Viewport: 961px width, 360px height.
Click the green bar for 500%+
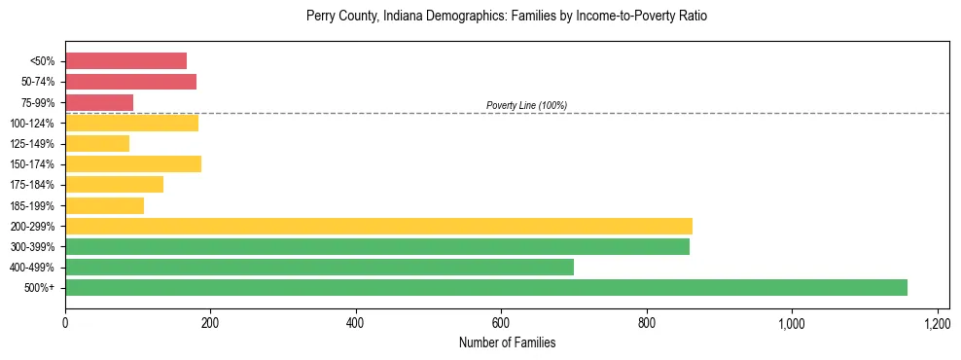pos(486,288)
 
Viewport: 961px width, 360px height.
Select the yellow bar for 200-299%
pos(378,227)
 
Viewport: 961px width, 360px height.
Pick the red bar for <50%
pos(125,61)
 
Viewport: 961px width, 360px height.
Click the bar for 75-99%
pos(99,102)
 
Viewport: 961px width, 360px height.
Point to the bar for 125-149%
pos(97,144)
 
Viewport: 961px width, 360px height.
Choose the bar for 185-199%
pos(104,205)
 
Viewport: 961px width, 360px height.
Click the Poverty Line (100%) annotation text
pos(526,105)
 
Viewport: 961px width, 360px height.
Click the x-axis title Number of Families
pos(507,342)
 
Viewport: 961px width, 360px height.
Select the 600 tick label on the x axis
pos(501,322)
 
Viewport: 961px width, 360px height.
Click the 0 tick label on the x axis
pos(65,322)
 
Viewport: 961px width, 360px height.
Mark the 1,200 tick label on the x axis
pos(937,322)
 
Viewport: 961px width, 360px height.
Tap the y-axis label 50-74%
pos(38,82)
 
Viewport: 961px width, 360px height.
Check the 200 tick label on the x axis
pos(210,322)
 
